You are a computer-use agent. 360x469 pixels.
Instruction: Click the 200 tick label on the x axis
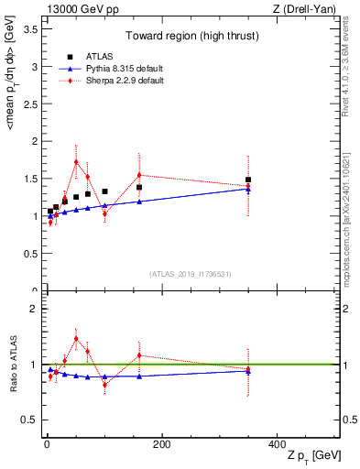(x=161, y=444)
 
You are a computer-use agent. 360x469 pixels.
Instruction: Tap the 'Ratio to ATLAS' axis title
(x=11, y=364)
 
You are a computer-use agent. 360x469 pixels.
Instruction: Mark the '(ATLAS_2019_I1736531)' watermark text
(x=191, y=274)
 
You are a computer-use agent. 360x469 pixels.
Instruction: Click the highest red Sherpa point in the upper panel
(x=76, y=161)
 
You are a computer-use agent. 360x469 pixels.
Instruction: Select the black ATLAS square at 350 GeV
(x=248, y=180)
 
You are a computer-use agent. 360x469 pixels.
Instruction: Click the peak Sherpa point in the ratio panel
(x=76, y=338)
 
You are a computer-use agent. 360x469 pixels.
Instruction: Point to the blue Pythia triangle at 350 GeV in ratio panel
(x=248, y=371)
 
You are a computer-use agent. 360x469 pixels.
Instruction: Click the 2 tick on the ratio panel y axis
(x=34, y=309)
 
